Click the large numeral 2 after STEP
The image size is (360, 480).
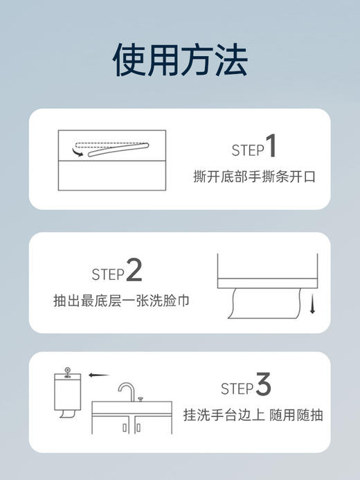click(x=134, y=271)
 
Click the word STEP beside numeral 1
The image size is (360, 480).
click(x=247, y=150)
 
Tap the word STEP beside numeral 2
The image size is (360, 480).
click(x=108, y=274)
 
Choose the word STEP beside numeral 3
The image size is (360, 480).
click(x=237, y=388)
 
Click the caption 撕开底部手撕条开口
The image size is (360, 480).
click(x=254, y=177)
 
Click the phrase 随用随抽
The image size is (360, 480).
click(x=298, y=415)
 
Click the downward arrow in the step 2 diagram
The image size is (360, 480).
click(x=312, y=302)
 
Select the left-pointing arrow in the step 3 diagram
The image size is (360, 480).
click(x=99, y=375)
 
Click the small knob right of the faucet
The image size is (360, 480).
click(x=141, y=399)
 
